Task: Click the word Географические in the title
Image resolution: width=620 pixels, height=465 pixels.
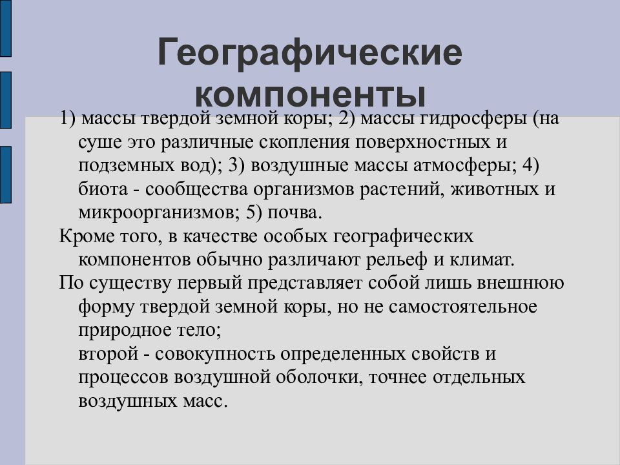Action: (310, 54)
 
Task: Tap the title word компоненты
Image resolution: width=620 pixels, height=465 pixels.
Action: (310, 95)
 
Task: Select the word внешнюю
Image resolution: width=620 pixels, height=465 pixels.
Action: (524, 283)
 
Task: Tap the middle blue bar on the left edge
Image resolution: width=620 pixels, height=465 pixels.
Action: (5, 100)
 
